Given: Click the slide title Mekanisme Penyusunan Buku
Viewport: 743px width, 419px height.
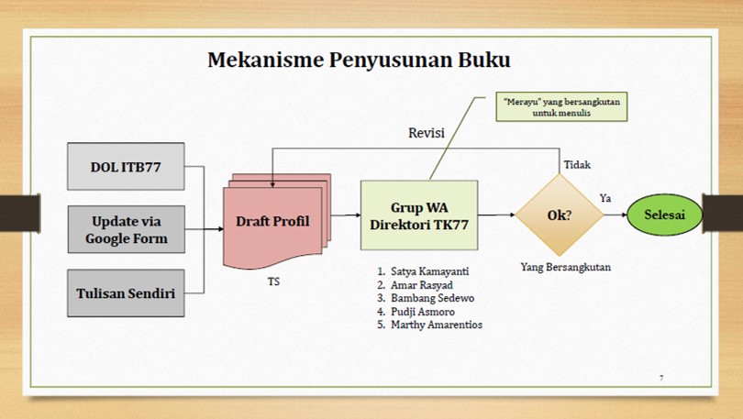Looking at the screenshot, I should pyautogui.click(x=359, y=61).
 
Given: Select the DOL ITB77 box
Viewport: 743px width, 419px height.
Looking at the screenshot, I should pyautogui.click(x=125, y=167).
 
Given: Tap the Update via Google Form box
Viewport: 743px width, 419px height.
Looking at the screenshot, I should pyautogui.click(x=125, y=230).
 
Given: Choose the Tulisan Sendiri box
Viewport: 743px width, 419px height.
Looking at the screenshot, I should pyautogui.click(x=125, y=293).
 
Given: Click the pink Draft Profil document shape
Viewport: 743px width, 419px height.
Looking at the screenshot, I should pyautogui.click(x=273, y=222).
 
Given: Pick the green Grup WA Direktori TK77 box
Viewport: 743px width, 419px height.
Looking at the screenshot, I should pyautogui.click(x=418, y=215).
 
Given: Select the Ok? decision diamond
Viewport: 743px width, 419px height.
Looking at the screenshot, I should pyautogui.click(x=559, y=215).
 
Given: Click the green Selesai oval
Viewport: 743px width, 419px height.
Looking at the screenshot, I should pyautogui.click(x=665, y=215).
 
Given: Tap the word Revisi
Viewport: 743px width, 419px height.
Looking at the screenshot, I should pyautogui.click(x=427, y=134).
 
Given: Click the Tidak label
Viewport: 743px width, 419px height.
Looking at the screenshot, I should pyautogui.click(x=576, y=165).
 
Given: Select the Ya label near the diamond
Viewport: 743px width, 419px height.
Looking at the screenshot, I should pyautogui.click(x=605, y=198).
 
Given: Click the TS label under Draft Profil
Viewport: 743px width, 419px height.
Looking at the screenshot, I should pyautogui.click(x=273, y=281).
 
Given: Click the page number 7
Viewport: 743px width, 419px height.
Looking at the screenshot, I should pyautogui.click(x=661, y=377).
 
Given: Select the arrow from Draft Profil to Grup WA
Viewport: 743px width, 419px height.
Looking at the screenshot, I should pyautogui.click(x=345, y=215).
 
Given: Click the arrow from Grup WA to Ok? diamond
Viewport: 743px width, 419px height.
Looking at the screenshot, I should pyautogui.click(x=495, y=215).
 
